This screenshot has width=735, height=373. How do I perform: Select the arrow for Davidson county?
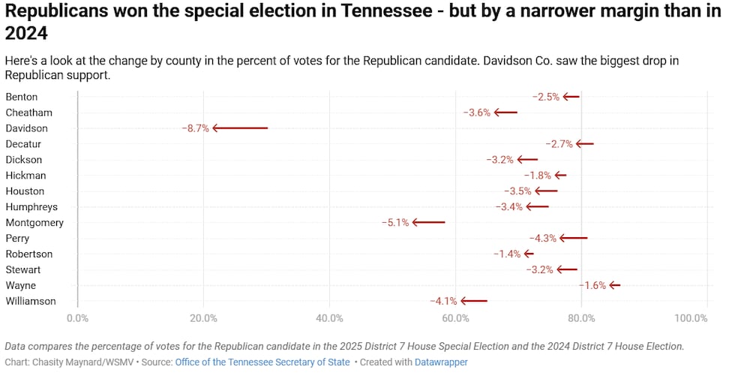click(x=240, y=128)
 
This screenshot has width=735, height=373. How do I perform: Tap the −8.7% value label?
click(x=195, y=128)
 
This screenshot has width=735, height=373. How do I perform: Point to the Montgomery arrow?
click(x=428, y=223)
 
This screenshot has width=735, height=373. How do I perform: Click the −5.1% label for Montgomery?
click(x=395, y=223)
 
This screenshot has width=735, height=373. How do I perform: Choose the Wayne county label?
click(x=20, y=286)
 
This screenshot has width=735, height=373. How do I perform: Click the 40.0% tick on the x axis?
click(x=329, y=318)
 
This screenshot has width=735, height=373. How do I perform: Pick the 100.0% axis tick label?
click(x=691, y=318)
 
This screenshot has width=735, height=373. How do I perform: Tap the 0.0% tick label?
click(x=77, y=318)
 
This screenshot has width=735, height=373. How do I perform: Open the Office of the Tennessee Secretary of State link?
click(x=262, y=362)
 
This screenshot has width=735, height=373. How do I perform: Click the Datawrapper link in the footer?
click(x=442, y=362)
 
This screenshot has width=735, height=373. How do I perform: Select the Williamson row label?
click(x=31, y=302)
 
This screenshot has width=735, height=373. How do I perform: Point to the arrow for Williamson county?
click(x=474, y=302)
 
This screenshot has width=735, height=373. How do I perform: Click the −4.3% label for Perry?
click(x=543, y=239)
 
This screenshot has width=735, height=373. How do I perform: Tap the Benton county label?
click(x=22, y=97)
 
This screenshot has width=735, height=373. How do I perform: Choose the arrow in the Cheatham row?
click(x=505, y=113)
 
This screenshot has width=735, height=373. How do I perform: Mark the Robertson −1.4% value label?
click(x=507, y=254)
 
